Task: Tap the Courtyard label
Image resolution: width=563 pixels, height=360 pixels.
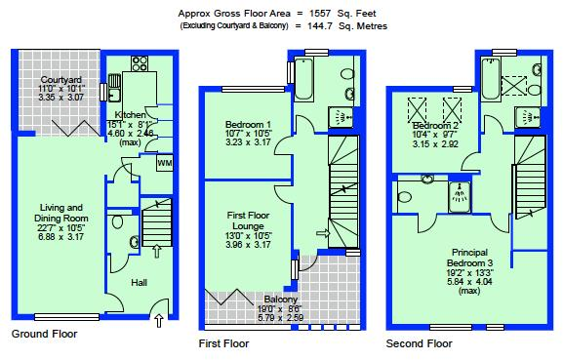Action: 60,79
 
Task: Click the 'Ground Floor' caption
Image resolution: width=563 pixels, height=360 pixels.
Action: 44,334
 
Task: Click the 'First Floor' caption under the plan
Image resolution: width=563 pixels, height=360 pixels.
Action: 222,343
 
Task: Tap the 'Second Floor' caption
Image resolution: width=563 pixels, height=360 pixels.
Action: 419,343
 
